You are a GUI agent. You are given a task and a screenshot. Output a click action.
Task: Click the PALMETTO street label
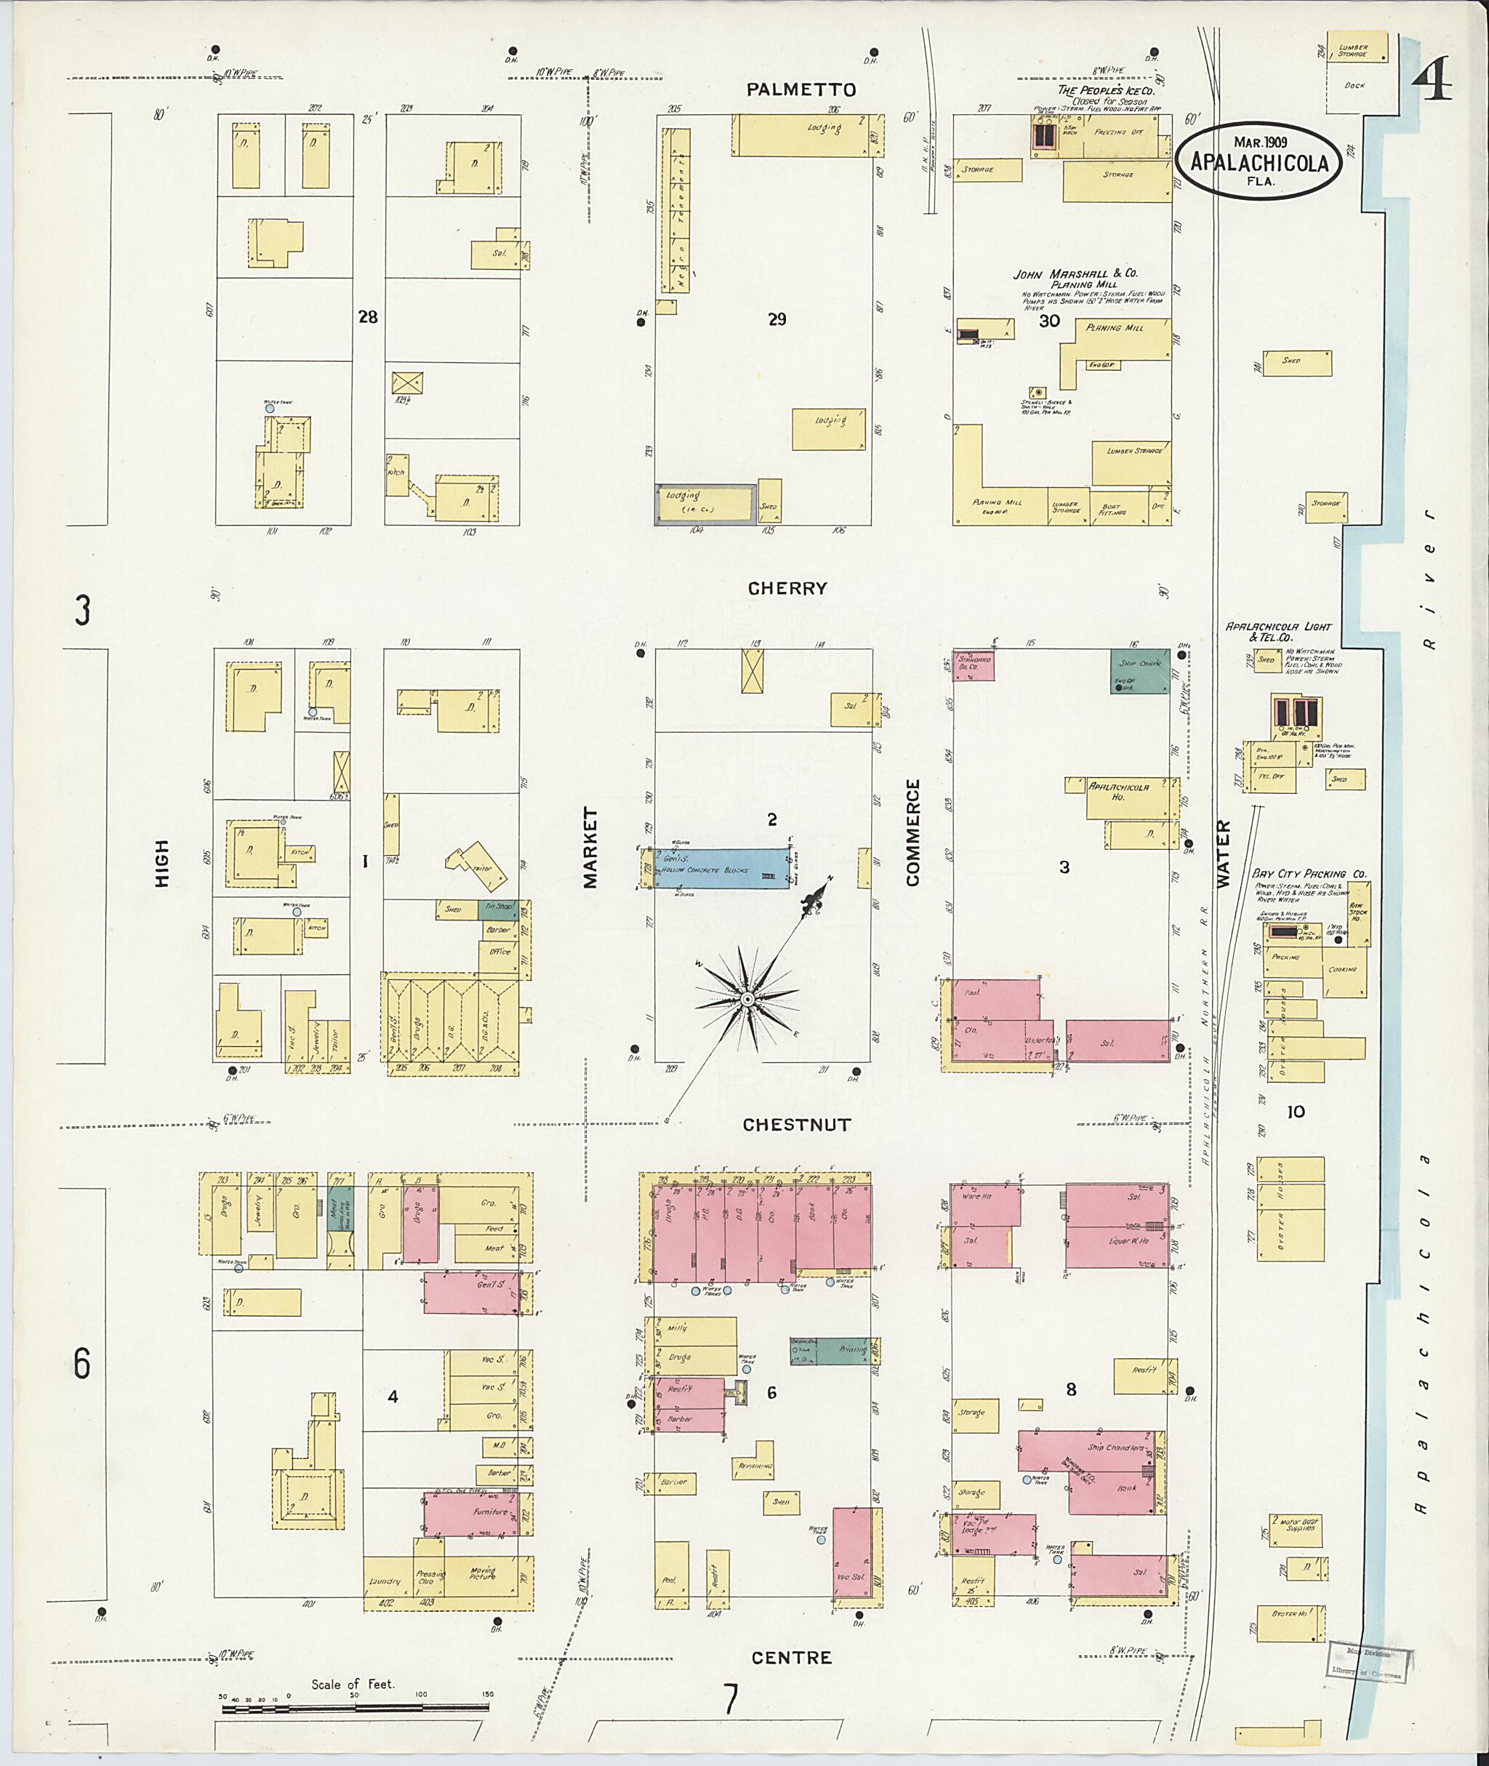[x=801, y=89]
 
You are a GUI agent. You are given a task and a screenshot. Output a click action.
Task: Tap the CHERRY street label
[x=787, y=588]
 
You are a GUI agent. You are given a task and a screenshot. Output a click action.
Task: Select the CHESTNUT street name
[x=796, y=1125]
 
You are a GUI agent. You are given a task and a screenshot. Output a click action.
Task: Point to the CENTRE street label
[x=791, y=1657]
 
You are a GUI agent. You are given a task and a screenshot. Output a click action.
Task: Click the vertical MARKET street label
[x=590, y=847]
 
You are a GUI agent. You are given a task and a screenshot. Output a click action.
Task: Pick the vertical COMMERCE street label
[x=912, y=832]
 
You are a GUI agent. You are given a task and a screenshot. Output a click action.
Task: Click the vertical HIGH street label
[x=162, y=863]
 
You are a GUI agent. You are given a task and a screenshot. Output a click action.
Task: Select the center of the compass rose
[x=746, y=1000]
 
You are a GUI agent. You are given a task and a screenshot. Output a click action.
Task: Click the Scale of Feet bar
[x=355, y=1708]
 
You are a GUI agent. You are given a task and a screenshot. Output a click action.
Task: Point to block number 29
[x=776, y=319]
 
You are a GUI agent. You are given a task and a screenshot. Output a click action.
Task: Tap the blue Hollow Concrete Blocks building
[x=720, y=868]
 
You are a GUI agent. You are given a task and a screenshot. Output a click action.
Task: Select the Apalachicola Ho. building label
[x=1118, y=791]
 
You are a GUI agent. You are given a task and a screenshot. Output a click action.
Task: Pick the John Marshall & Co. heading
[x=1075, y=274]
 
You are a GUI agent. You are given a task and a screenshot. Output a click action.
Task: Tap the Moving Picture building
[x=482, y=1573]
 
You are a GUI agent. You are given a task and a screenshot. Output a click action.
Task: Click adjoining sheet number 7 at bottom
[x=730, y=1698]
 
